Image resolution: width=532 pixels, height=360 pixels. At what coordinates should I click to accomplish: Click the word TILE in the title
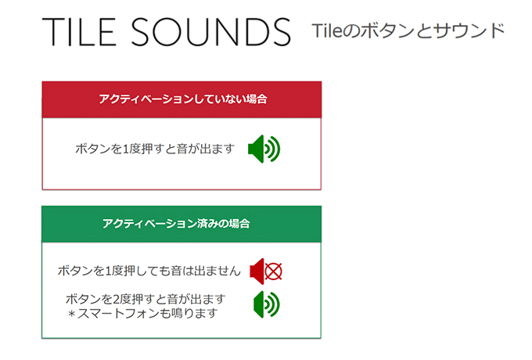pyautogui.click(x=79, y=32)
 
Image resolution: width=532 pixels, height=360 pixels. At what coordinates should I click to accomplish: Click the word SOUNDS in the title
pyautogui.click(x=211, y=32)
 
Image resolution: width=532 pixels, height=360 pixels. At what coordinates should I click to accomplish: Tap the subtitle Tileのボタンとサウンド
pyautogui.click(x=408, y=31)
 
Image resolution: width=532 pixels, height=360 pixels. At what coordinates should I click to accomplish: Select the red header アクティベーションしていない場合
pyautogui.click(x=182, y=99)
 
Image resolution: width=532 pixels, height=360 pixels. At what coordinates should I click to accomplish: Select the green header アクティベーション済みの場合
pyautogui.click(x=182, y=224)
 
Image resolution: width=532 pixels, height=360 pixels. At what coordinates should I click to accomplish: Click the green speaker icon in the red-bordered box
pyautogui.click(x=264, y=149)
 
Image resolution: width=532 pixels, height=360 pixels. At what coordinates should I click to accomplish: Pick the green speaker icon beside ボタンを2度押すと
pyautogui.click(x=266, y=304)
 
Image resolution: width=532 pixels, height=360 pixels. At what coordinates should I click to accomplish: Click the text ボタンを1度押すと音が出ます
pyautogui.click(x=155, y=149)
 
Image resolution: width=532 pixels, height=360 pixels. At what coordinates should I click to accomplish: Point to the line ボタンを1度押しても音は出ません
pyautogui.click(x=149, y=271)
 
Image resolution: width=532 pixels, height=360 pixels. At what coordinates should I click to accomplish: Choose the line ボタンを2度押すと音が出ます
pyautogui.click(x=146, y=299)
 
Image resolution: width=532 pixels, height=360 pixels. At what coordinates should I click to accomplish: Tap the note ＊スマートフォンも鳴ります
pyautogui.click(x=142, y=313)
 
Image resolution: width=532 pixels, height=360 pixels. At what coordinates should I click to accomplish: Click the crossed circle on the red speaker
pyautogui.click(x=274, y=272)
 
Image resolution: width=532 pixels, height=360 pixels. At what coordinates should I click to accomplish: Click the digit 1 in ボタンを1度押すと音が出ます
pyautogui.click(x=125, y=149)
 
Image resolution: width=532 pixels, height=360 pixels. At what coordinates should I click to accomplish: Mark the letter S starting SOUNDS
pyautogui.click(x=141, y=32)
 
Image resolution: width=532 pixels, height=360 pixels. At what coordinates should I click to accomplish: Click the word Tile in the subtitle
pyautogui.click(x=327, y=31)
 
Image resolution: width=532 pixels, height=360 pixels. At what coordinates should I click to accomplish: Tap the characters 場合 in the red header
pyautogui.click(x=257, y=99)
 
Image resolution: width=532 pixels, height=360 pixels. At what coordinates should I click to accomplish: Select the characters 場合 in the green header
pyautogui.click(x=239, y=224)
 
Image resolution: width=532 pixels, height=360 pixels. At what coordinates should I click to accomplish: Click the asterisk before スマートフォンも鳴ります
pyautogui.click(x=71, y=314)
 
